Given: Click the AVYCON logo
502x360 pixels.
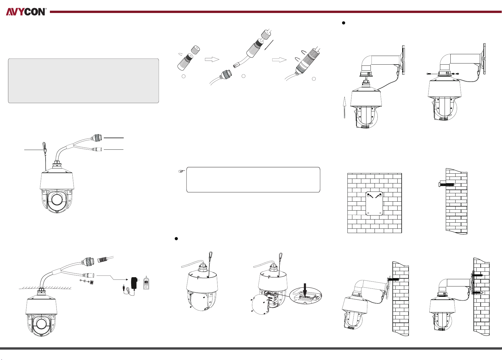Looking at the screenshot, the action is [x=26, y=12].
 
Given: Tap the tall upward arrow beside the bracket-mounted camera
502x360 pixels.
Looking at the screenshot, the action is [x=344, y=107].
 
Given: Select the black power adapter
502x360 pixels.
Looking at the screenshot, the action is [x=134, y=283].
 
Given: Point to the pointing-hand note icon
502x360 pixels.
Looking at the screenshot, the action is [x=182, y=171].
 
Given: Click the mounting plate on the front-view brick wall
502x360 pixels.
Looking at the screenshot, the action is [x=374, y=203].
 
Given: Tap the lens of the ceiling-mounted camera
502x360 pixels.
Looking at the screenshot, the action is [x=41, y=324].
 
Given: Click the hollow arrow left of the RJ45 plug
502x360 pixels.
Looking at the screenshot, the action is [x=212, y=59].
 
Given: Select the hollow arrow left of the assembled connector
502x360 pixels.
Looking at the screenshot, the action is [x=279, y=60].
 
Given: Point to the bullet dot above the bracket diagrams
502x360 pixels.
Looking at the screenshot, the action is [x=343, y=23].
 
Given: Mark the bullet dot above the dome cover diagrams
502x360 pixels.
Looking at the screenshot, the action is [x=176, y=239].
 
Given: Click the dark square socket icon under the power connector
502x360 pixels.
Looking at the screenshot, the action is [x=92, y=281].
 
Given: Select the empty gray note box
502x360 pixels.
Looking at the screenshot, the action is [x=83, y=81].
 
